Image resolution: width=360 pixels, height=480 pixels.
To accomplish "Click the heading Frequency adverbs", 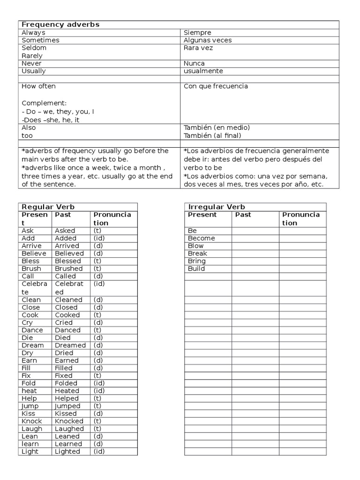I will (60, 24).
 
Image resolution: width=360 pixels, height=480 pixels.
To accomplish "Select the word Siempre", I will (197, 32).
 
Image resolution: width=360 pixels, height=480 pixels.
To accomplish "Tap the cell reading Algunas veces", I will (208, 40).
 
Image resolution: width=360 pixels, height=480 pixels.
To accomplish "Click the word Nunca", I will (194, 63).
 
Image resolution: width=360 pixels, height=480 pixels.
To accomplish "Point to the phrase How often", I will (38, 86).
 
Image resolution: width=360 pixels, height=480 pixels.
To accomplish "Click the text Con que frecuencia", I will (216, 86).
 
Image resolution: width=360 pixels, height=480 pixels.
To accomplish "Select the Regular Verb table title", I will (48, 207).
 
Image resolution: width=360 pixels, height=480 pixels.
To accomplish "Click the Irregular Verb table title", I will (216, 207).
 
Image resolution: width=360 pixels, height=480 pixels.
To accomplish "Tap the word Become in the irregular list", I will (201, 238).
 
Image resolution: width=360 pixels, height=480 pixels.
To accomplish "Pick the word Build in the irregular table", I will (196, 269).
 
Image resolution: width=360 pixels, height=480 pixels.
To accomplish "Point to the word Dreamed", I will (70, 345).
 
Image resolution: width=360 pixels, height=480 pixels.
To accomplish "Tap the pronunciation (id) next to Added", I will (99, 238).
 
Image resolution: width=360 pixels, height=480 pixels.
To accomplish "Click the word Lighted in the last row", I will (67, 451).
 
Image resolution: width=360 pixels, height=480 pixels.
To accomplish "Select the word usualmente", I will (203, 71).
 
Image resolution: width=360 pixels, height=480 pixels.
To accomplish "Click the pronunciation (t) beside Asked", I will (97, 231).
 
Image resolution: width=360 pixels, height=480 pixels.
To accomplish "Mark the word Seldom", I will (34, 48).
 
